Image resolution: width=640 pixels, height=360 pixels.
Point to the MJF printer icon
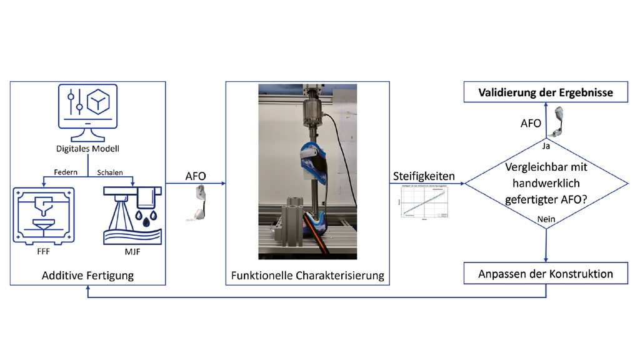(x=132, y=216)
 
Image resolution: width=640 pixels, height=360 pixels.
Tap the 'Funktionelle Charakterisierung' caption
(x=307, y=276)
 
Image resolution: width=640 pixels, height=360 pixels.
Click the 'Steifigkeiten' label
(x=424, y=176)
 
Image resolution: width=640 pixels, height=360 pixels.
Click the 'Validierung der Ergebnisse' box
(x=545, y=93)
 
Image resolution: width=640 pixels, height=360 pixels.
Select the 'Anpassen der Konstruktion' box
(x=545, y=274)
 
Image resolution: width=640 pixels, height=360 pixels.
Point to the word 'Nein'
(x=546, y=219)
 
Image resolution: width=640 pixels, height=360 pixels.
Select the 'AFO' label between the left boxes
(x=195, y=176)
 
